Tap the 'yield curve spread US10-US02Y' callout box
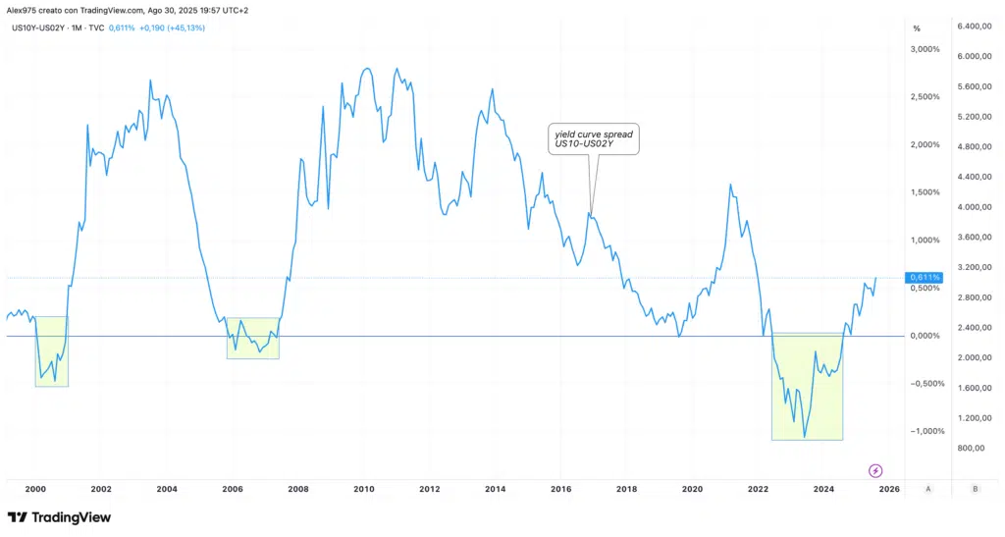(593, 139)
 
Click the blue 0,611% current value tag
(925, 278)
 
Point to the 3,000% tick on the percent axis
(926, 49)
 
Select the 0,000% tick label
(926, 336)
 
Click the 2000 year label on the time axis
(35, 488)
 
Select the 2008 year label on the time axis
(298, 488)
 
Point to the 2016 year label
(560, 488)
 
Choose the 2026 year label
(888, 488)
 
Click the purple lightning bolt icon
(875, 471)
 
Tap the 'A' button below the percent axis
(928, 488)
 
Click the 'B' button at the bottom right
(975, 488)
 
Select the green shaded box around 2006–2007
(253, 338)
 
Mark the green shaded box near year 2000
(52, 351)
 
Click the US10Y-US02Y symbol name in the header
(38, 27)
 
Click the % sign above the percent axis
(917, 27)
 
